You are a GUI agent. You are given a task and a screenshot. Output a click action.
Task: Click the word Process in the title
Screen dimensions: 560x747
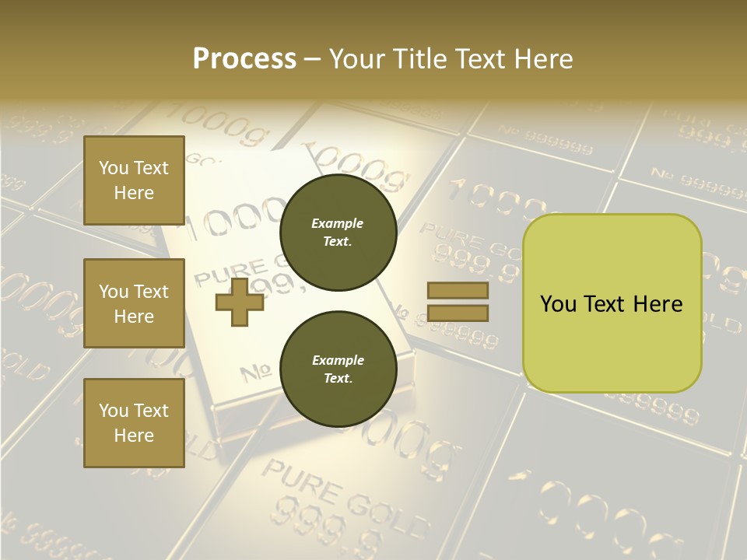click(x=244, y=59)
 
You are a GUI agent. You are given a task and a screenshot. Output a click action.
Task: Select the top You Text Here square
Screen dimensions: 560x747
click(x=134, y=180)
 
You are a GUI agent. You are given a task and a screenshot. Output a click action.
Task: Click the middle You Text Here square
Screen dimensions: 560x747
click(x=134, y=303)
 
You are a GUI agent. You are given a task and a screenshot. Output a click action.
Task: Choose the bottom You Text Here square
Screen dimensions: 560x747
click(x=134, y=423)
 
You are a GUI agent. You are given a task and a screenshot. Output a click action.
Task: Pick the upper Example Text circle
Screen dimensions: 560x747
click(x=338, y=233)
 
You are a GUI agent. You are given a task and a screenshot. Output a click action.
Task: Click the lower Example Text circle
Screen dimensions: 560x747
click(x=338, y=369)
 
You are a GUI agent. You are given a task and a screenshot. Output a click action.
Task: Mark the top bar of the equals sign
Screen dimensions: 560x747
click(x=458, y=291)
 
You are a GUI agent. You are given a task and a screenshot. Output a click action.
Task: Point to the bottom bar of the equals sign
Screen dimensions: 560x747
click(x=458, y=313)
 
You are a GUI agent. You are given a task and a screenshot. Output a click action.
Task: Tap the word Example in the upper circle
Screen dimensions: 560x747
click(x=338, y=223)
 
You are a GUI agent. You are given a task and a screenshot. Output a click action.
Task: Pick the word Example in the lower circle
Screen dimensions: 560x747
click(x=338, y=360)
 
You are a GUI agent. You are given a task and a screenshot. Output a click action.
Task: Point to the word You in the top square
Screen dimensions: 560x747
click(x=114, y=168)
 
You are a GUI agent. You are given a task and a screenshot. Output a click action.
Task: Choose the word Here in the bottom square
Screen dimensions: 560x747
click(x=134, y=436)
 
